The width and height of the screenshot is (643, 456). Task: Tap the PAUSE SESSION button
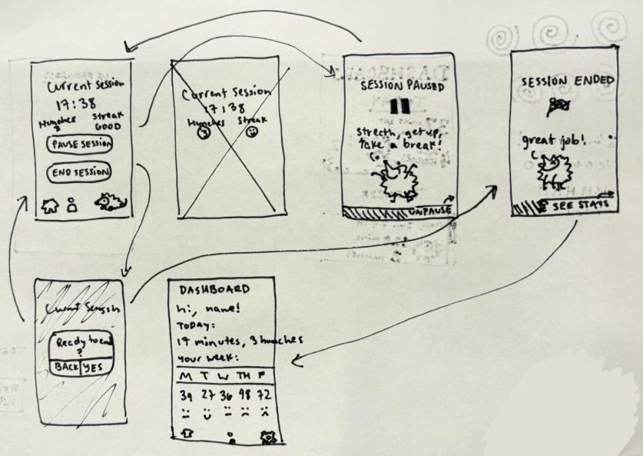click(x=80, y=144)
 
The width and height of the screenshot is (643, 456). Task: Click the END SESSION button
click(x=81, y=172)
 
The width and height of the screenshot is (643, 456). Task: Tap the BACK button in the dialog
click(x=67, y=368)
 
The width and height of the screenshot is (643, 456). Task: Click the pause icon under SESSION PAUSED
click(x=396, y=106)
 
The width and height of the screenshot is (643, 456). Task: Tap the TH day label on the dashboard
click(x=246, y=375)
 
